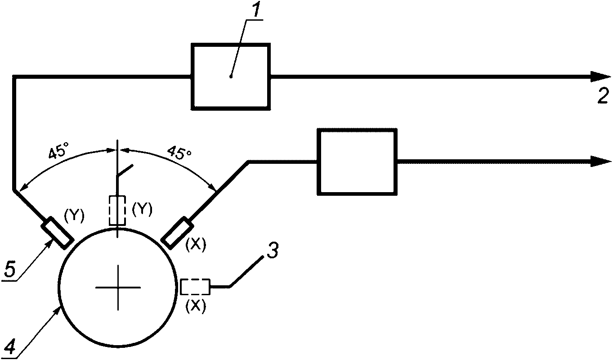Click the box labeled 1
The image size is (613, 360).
click(231, 76)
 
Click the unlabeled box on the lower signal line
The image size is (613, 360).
click(358, 162)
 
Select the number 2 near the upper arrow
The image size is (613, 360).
click(603, 95)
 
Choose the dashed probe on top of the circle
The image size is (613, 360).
click(117, 210)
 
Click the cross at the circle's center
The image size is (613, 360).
click(117, 287)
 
